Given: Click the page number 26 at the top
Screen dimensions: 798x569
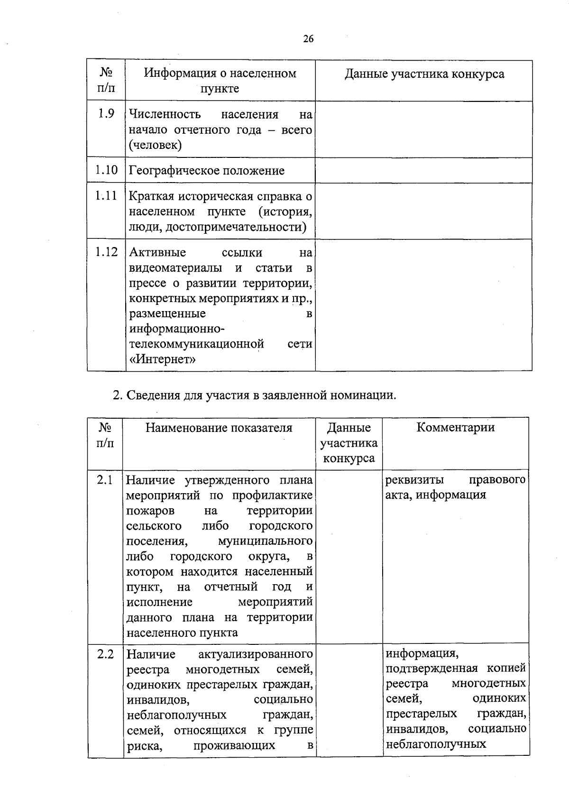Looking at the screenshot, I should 308,39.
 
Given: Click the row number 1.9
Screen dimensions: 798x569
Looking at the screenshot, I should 106,113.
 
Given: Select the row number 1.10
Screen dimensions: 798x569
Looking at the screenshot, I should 106,170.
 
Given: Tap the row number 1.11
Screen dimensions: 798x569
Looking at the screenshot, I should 106,195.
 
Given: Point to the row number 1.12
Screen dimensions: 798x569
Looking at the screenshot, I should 106,252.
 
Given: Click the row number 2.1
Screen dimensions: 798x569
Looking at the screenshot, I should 105,480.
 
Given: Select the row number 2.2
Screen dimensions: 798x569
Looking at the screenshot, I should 105,654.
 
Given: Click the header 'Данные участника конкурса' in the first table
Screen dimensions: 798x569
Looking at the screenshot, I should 424,74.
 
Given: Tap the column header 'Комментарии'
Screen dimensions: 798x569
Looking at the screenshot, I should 455,427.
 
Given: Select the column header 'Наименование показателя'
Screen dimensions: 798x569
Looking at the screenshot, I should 219,428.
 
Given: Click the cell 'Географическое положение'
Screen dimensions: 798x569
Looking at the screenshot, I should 207,171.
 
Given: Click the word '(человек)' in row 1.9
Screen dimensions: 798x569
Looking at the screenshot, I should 155,145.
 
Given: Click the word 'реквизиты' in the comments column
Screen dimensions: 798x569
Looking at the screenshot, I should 414,479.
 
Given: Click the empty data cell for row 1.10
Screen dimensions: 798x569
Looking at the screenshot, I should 423,170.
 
